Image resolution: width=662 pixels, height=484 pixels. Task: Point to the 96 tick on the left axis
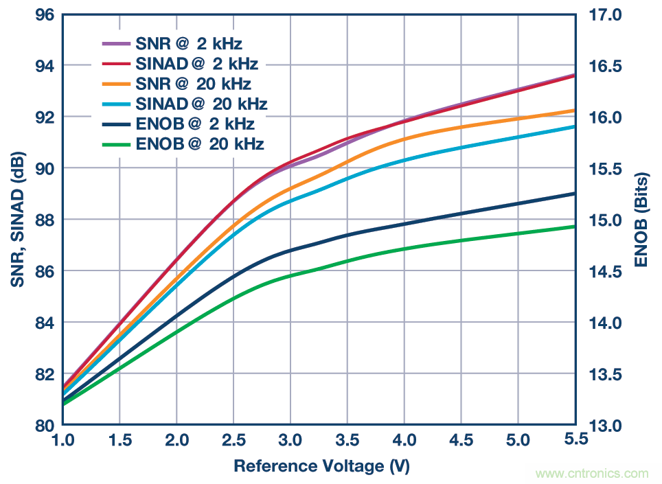tap(44, 14)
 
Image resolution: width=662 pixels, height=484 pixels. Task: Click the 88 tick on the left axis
tap(44, 220)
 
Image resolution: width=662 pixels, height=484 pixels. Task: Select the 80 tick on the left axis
tap(44, 425)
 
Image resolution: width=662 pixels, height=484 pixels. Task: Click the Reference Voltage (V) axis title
tap(321, 466)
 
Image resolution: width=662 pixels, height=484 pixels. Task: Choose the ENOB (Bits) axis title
tap(642, 220)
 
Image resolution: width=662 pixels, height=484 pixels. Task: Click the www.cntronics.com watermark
tap(592, 474)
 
